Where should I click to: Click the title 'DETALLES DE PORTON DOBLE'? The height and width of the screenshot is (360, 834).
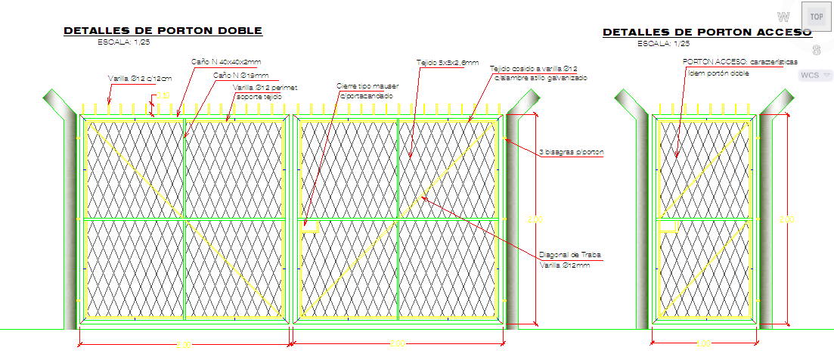[x=163, y=31]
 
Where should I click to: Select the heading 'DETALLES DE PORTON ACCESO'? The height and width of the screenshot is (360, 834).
[x=707, y=33]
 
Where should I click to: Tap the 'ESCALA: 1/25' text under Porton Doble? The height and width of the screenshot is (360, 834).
[x=123, y=43]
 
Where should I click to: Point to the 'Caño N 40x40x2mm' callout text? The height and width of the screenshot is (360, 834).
[x=225, y=61]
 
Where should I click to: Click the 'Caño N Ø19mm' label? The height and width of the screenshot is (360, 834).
[x=240, y=75]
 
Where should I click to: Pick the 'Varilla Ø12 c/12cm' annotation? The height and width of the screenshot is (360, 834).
[x=140, y=78]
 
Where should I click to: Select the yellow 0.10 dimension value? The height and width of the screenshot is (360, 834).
[x=163, y=95]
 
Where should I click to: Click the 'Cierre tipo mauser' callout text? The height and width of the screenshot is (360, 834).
[x=367, y=86]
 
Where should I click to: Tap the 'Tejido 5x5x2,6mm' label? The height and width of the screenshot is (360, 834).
[x=447, y=63]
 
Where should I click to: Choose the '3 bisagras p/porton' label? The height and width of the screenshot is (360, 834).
[x=572, y=153]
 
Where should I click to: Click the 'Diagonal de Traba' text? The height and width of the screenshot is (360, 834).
[x=569, y=255]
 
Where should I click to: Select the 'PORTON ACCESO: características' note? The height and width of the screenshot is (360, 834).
[x=740, y=62]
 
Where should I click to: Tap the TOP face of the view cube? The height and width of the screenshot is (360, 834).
[x=816, y=16]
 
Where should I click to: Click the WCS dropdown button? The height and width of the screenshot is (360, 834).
[x=814, y=75]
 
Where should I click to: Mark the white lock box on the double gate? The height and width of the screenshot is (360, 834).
[x=311, y=225]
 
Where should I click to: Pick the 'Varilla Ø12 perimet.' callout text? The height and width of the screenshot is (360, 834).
[x=265, y=88]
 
